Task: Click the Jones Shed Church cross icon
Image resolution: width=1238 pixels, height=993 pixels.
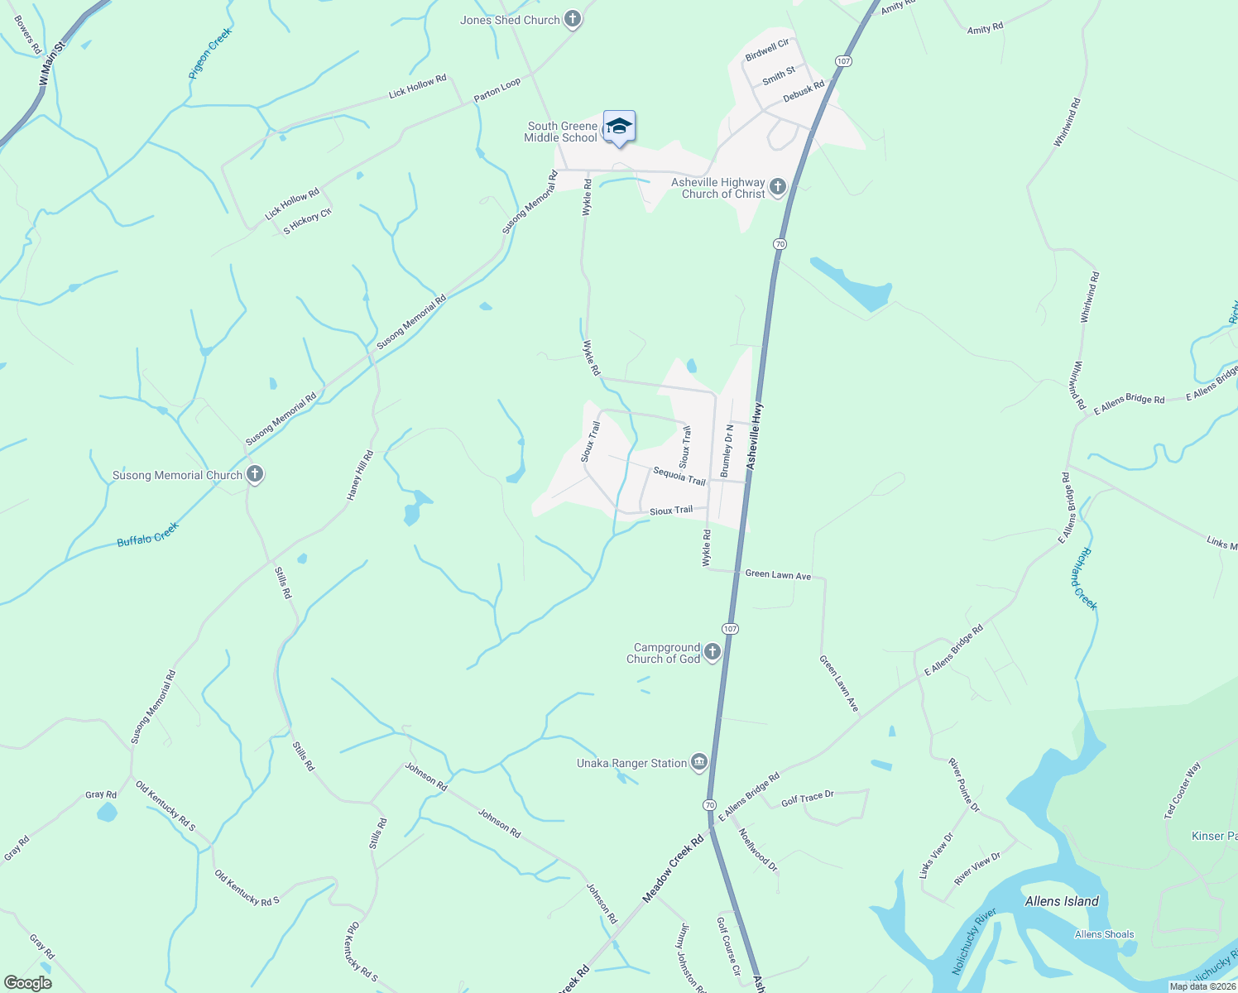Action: [x=572, y=19]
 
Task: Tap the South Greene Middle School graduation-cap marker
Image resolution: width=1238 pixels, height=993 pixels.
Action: [x=619, y=127]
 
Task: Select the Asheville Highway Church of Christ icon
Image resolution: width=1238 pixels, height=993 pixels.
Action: [x=777, y=187]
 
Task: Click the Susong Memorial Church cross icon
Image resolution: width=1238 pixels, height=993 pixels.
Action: [x=255, y=474]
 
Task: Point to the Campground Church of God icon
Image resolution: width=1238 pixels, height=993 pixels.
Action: [x=713, y=652]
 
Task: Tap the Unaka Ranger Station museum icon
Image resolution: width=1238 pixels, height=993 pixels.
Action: [x=698, y=762]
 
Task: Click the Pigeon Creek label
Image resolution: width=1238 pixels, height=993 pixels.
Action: [x=210, y=53]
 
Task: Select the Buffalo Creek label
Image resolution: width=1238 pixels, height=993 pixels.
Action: [x=147, y=535]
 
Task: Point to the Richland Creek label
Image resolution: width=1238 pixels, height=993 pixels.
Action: [x=1083, y=578]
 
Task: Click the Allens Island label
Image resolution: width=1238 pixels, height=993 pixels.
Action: [x=1062, y=901]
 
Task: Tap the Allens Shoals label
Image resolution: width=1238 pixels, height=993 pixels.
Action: [x=1104, y=934]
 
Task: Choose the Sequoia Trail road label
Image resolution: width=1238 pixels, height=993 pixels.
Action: [x=679, y=476]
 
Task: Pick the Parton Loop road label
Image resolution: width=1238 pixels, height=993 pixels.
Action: [x=497, y=89]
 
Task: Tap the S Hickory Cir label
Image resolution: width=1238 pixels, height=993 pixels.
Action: [x=307, y=221]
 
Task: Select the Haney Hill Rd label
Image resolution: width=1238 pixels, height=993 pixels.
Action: [x=360, y=475]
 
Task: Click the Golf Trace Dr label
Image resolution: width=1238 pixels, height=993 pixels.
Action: [x=807, y=798]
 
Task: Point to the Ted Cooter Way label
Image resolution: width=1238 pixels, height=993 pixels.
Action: [x=1182, y=791]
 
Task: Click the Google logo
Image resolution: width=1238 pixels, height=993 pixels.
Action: [x=27, y=982]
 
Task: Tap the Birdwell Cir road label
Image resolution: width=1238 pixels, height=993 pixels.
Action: [x=767, y=50]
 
